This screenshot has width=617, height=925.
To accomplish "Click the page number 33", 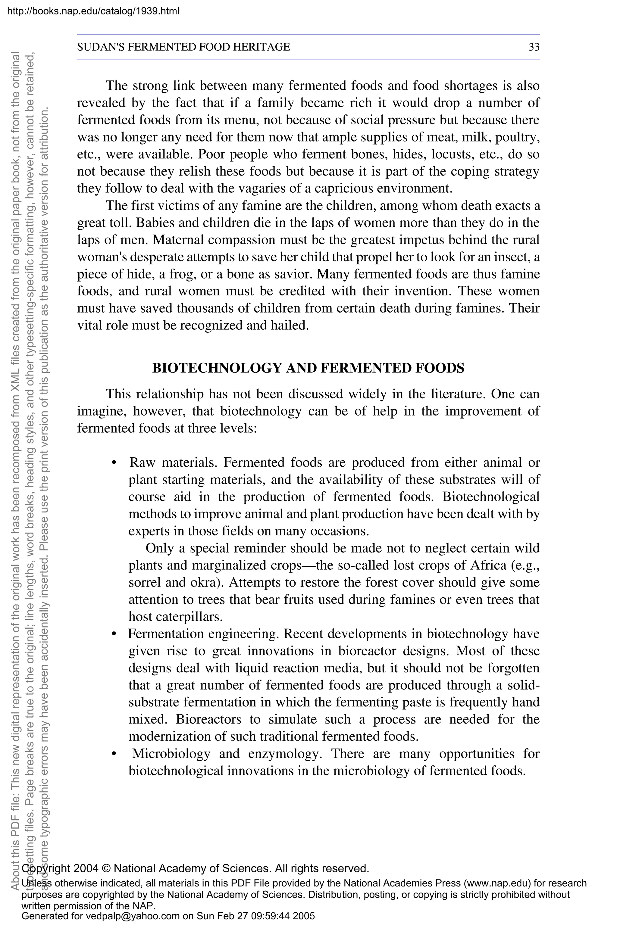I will [534, 47].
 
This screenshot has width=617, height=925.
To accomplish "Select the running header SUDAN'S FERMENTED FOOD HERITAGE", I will [183, 47].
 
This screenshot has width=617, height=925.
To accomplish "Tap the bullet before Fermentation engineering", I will [114, 635].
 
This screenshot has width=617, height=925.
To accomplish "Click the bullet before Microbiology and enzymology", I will [114, 754].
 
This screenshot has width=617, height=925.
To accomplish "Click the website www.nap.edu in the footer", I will [496, 883].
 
